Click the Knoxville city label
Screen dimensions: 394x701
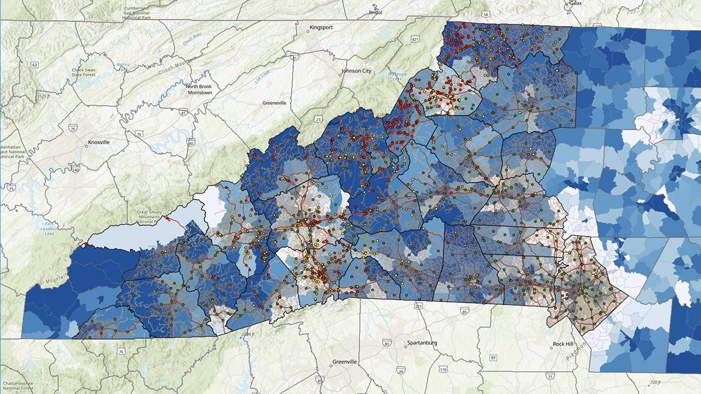point(99,142)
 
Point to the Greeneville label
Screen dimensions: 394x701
point(274,103)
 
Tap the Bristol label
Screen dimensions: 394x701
point(375,12)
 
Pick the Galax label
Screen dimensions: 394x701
point(576,4)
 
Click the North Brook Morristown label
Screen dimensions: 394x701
point(199,90)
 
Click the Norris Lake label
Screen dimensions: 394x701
point(122,65)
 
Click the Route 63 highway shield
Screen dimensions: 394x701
point(35,64)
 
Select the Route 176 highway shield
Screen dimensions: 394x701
point(443,369)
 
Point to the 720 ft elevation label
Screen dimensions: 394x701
point(655,382)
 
